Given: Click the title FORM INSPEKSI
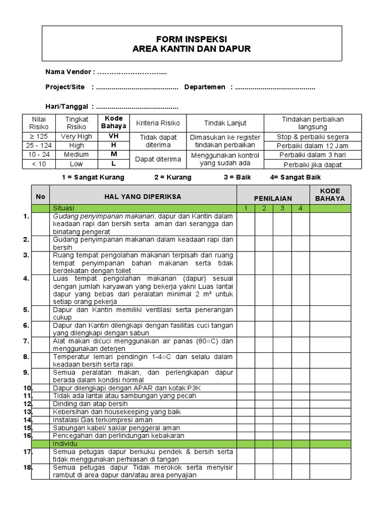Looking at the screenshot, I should [x=191, y=39].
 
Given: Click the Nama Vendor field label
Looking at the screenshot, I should [x=70, y=72].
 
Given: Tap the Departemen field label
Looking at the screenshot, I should [x=205, y=87].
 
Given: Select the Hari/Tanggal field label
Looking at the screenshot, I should [x=67, y=106].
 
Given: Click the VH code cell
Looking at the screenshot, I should [x=114, y=136].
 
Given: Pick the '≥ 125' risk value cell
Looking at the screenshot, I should [x=39, y=136].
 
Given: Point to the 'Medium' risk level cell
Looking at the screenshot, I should [x=76, y=155].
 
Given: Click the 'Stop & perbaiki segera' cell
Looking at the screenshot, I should [x=313, y=137].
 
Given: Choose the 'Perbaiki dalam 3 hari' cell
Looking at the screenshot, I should [x=313, y=155].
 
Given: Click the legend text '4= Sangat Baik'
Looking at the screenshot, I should [x=295, y=177].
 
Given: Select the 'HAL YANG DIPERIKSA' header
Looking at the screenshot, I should [x=143, y=197].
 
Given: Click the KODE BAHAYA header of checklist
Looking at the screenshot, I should [x=330, y=195].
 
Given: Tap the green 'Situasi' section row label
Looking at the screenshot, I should [x=63, y=208].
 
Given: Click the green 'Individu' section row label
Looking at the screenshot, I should [x=64, y=443].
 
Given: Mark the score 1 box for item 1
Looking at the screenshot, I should [x=245, y=224].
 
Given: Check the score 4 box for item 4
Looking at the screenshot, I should [x=300, y=289].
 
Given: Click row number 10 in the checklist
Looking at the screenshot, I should [x=27, y=388].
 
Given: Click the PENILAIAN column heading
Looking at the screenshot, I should [x=273, y=199].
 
